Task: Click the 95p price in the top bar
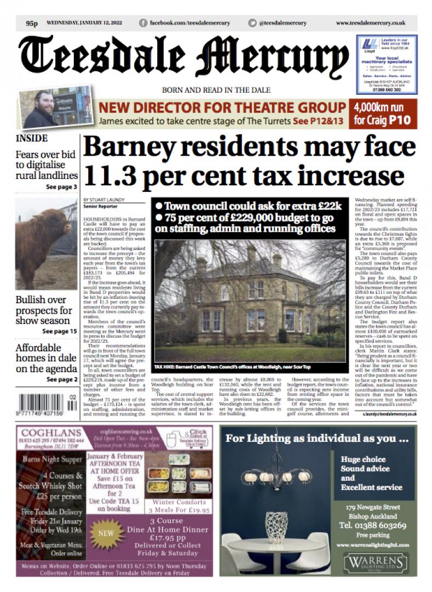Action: (32, 23)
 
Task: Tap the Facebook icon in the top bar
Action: (143, 23)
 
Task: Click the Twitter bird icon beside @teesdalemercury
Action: (252, 23)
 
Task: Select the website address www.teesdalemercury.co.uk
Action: (370, 23)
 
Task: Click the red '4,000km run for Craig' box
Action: (384, 113)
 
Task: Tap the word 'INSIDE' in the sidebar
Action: (32, 139)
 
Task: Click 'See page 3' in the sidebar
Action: (61, 187)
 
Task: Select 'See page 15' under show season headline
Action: (59, 332)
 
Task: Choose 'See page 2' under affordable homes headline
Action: (61, 379)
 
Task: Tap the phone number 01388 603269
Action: (373, 525)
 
